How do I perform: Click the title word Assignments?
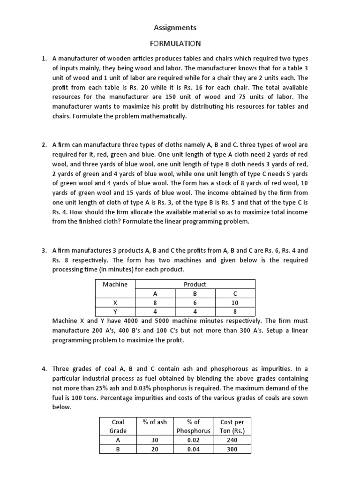(x=175, y=28)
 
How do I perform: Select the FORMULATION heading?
(x=175, y=44)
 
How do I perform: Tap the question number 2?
(x=44, y=145)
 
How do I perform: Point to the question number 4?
(x=44, y=369)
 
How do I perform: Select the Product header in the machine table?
(x=195, y=284)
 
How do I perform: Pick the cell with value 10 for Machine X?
(x=235, y=302)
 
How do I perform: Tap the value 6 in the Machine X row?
(x=195, y=302)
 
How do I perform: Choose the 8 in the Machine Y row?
(x=235, y=311)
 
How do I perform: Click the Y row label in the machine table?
(x=115, y=311)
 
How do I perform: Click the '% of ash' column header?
(x=155, y=422)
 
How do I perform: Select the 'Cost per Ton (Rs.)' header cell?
(x=232, y=426)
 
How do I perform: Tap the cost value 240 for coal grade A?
(x=232, y=440)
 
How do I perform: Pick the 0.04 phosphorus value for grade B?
(x=193, y=449)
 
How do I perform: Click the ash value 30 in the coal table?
(x=155, y=440)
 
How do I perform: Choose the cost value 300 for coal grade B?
(x=232, y=449)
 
